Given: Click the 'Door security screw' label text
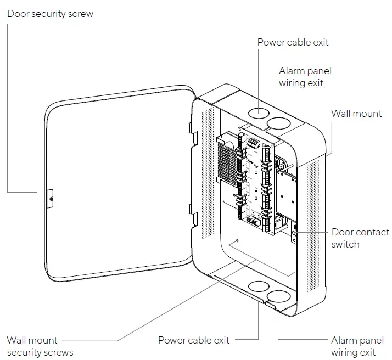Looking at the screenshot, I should tap(50, 14).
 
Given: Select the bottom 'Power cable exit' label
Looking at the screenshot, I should tap(194, 340).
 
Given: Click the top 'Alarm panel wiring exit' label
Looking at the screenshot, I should tap(305, 77).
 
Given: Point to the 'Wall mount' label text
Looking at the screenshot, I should tap(356, 114).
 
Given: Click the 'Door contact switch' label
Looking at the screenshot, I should tap(360, 238).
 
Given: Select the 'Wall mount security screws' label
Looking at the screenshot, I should tap(40, 346).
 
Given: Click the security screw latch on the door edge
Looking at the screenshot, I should tap(50, 195).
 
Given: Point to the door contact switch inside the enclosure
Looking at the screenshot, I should tap(294, 233).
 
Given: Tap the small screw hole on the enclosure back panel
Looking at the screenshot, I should tap(236, 240).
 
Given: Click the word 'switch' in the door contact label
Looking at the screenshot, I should tap(345, 244).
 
